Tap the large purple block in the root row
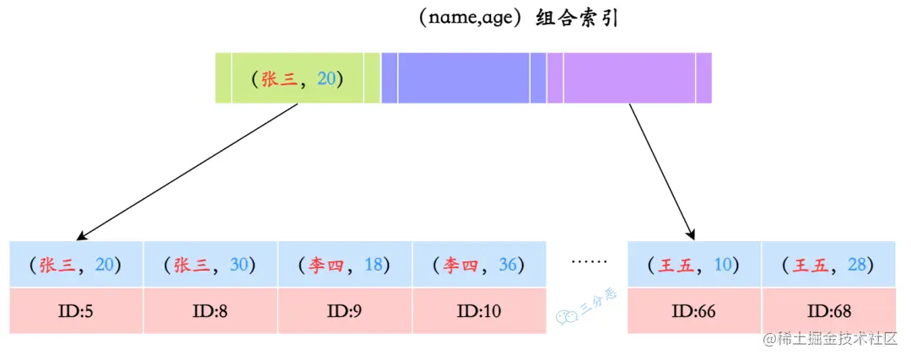point(629,78)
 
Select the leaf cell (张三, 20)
point(77,265)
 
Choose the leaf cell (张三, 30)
point(211,265)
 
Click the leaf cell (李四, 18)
point(345,265)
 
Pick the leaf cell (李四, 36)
point(479,265)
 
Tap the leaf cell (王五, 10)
point(695,265)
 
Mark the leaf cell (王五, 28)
point(829,265)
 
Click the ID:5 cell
point(77,310)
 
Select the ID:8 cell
point(211,310)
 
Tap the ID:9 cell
point(345,310)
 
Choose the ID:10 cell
point(479,310)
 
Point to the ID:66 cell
point(695,310)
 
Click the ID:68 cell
point(829,310)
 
